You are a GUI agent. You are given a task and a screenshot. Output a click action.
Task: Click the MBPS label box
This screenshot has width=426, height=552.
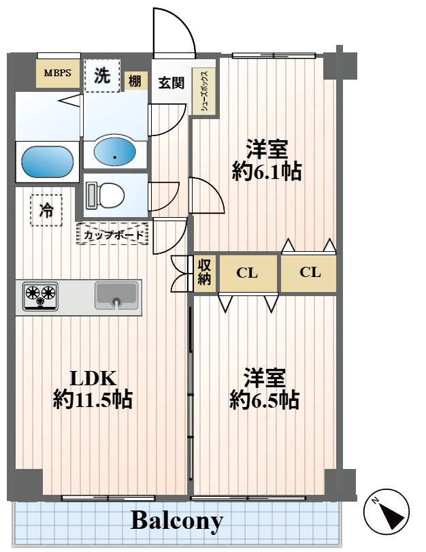58,74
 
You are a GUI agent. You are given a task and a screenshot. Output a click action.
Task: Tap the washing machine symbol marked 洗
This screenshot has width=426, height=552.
102,76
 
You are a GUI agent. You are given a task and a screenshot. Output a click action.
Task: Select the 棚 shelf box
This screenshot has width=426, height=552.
135,81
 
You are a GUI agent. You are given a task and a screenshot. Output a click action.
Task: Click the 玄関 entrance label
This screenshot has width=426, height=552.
171,83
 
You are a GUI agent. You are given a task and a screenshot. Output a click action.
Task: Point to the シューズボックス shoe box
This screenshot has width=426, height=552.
204,91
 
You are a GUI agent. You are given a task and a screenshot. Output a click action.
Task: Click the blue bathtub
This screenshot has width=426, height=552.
48,162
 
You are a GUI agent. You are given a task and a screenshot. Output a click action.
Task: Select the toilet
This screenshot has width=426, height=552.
105,195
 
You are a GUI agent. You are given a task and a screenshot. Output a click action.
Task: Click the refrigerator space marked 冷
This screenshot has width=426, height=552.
46,210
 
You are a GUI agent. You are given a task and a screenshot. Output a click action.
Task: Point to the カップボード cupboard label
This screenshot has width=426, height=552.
112,234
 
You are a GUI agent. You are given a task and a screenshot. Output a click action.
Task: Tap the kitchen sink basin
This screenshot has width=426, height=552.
116,295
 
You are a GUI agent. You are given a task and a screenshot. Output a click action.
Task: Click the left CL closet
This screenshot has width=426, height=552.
248,273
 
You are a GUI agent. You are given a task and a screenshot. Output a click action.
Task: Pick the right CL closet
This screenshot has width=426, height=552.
310,272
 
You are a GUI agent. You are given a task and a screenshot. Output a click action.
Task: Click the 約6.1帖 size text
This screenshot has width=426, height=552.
267,172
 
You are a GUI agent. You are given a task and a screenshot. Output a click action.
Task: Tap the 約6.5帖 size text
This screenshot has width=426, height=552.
265,400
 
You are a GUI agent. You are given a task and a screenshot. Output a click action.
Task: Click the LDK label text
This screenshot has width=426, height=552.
93,378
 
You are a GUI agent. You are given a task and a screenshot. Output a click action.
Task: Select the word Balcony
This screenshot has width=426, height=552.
177,521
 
